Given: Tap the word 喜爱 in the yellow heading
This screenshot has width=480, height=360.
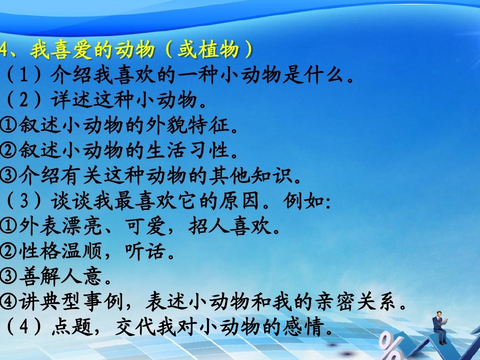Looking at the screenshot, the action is coord(71,50).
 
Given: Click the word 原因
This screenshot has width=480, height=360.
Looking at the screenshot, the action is coord(239,201).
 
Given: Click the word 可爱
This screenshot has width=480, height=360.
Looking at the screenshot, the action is coord(145,226).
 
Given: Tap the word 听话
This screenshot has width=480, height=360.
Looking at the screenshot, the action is coord(145,251).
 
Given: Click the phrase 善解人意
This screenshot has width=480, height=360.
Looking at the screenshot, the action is coord(60,276).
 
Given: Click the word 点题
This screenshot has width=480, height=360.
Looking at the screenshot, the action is coord(72,326).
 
